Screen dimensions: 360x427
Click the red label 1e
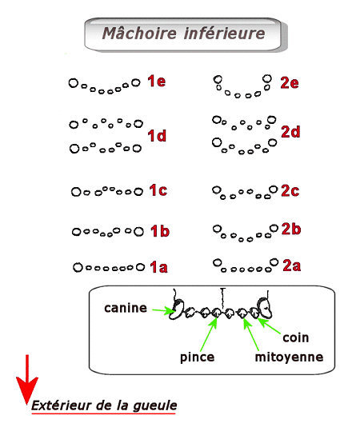(157, 81)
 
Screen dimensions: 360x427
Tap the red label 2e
(290, 82)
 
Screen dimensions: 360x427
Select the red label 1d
(157, 136)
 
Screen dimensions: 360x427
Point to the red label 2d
(290, 132)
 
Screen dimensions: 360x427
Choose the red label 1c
(158, 190)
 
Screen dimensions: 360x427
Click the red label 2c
(290, 190)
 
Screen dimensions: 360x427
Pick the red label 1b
(160, 231)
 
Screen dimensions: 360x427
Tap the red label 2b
(291, 229)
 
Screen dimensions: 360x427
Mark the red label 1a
(158, 267)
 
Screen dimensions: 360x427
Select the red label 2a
(291, 265)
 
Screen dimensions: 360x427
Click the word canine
(126, 308)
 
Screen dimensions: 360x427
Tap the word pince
(197, 357)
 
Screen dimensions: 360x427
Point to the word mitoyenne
(289, 357)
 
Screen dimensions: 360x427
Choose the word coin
(296, 337)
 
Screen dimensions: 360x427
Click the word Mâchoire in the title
(139, 34)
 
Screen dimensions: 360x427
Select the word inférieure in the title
(225, 34)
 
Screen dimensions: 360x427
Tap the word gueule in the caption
(155, 405)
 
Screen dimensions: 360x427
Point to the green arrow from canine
(163, 310)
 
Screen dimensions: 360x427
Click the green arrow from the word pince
(209, 333)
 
